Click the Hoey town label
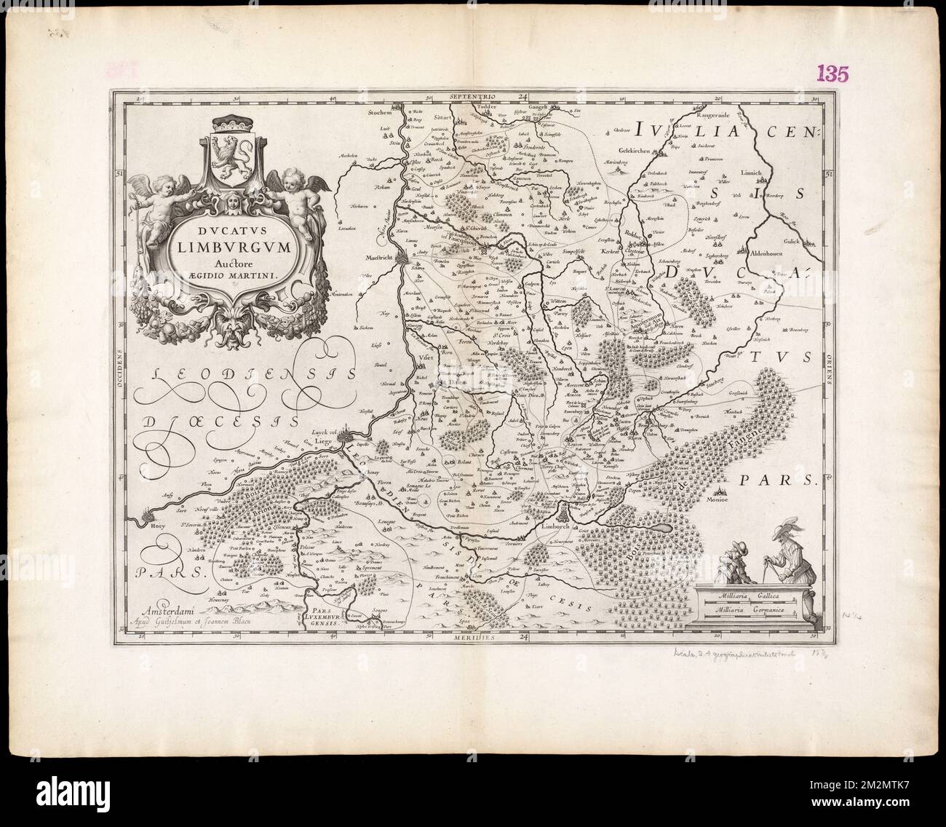point(153,523)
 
